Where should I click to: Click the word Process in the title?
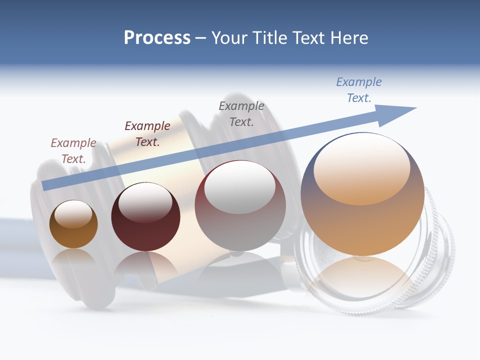157,38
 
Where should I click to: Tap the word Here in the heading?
348,38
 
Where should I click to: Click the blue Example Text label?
359,89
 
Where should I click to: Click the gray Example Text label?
241,113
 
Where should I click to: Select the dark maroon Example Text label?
147,133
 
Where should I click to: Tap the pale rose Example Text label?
73,150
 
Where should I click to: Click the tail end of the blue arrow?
46,185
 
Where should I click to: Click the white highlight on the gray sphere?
239,187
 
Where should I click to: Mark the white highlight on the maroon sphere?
145,202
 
